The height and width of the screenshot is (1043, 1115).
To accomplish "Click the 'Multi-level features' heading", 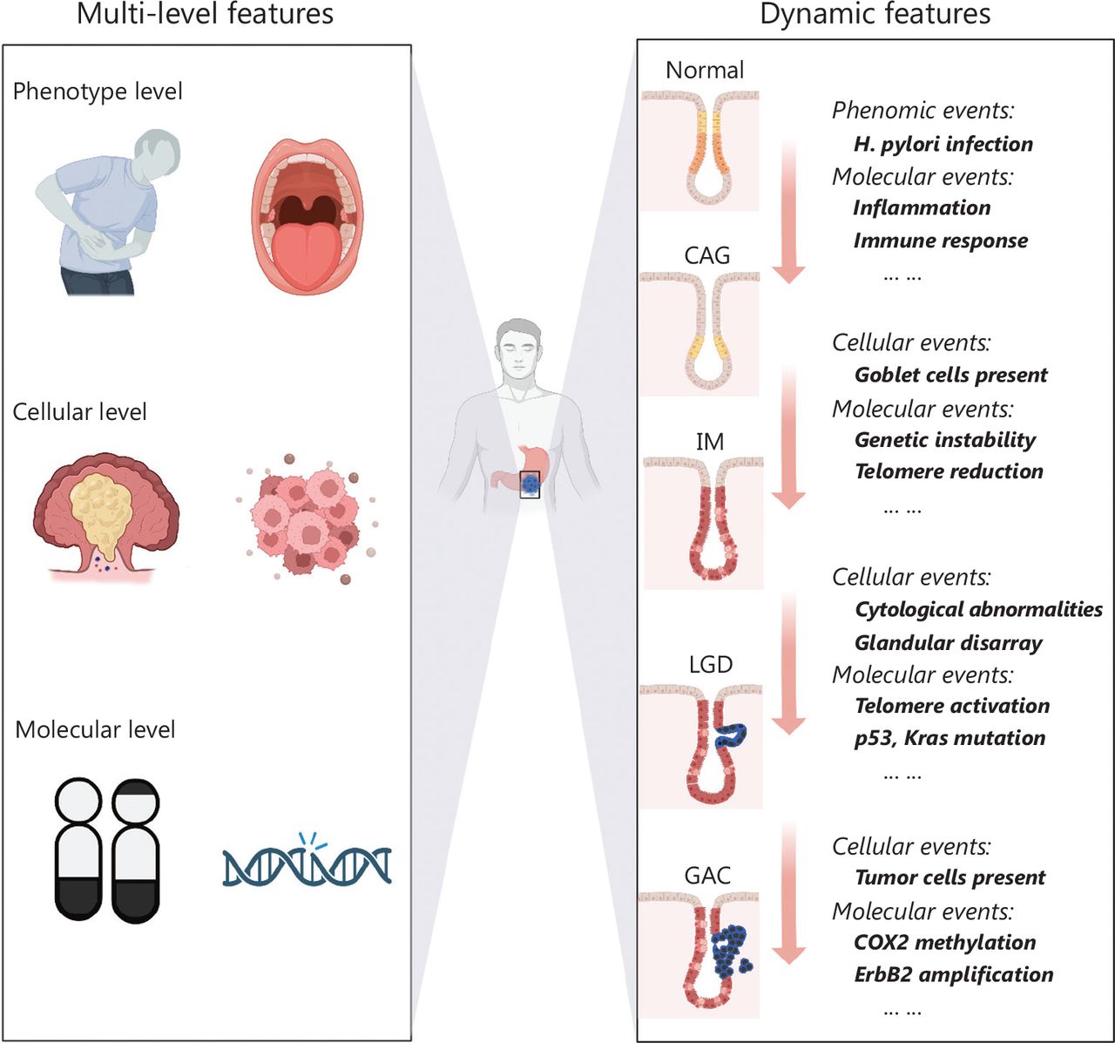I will (205, 15).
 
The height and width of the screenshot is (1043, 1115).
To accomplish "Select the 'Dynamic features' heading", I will (875, 15).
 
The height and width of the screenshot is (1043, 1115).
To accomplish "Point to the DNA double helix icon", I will (307, 864).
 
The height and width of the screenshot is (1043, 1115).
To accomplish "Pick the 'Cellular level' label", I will (79, 412).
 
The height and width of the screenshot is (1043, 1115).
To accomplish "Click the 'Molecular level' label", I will (95, 729).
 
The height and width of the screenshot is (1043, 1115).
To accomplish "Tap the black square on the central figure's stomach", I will (530, 484).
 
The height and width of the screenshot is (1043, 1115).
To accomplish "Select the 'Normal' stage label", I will (705, 70).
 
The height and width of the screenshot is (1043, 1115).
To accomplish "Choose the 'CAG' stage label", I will (707, 255).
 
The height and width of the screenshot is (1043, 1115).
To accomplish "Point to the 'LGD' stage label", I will (710, 664).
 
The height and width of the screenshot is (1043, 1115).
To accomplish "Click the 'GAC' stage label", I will (707, 875).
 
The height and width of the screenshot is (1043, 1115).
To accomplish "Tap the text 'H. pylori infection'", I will (943, 144).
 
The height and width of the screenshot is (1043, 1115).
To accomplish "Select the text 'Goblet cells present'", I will (950, 375).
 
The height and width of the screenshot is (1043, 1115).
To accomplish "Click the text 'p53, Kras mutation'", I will (949, 738).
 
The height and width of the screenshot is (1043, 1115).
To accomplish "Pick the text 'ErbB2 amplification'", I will (954, 974).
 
